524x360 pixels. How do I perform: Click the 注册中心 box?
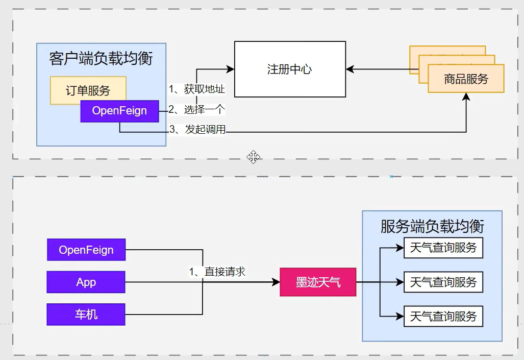pyautogui.click(x=289, y=69)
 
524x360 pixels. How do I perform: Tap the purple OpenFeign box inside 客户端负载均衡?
pyautogui.click(x=119, y=111)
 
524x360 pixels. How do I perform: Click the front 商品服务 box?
pyautogui.click(x=466, y=79)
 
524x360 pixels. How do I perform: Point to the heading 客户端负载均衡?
pyautogui.click(x=101, y=58)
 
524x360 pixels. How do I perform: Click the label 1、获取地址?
pyautogui.click(x=197, y=89)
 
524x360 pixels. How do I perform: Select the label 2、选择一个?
pyautogui.click(x=197, y=109)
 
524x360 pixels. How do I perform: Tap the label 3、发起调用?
pyautogui.click(x=197, y=129)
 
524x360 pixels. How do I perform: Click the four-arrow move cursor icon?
pyautogui.click(x=254, y=157)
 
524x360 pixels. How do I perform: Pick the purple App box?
pyautogui.click(x=86, y=282)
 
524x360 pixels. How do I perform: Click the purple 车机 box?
pyautogui.click(x=86, y=314)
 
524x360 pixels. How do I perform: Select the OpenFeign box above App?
pyautogui.click(x=86, y=250)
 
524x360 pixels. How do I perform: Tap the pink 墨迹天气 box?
pyautogui.click(x=317, y=282)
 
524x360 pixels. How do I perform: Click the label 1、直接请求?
pyautogui.click(x=217, y=272)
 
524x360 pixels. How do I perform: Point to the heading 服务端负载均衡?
pyautogui.click(x=432, y=226)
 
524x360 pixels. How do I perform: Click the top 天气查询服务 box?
pyautogui.click(x=443, y=248)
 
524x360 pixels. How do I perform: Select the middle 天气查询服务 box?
pyautogui.click(x=443, y=282)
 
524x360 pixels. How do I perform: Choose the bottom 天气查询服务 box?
pyautogui.click(x=443, y=317)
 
